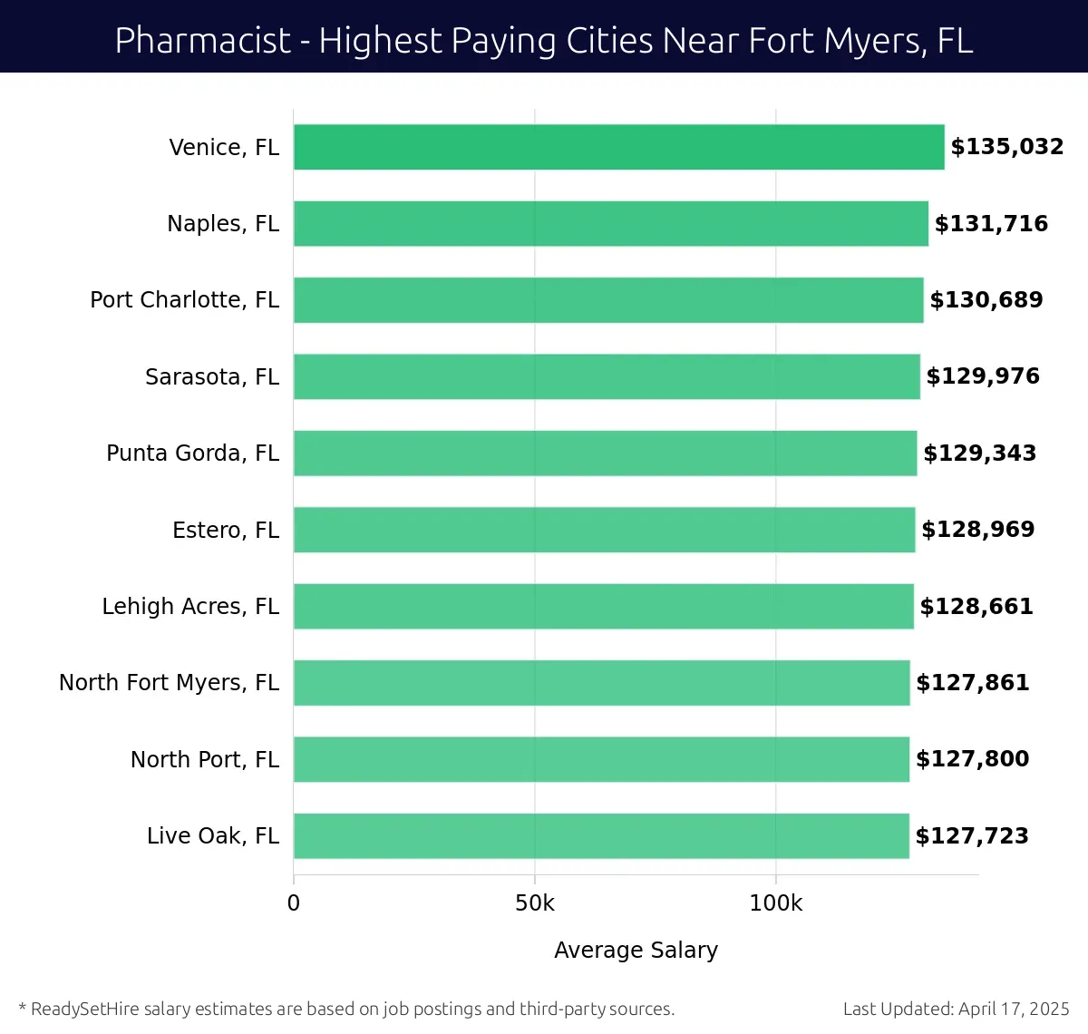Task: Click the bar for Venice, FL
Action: pos(618,147)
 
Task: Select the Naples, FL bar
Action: pos(610,224)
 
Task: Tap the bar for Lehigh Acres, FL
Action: pos(603,606)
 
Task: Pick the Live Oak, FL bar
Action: pos(600,835)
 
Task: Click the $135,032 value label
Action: pos(1006,147)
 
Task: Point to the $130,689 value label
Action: pos(986,300)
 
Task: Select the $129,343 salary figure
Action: pos(979,454)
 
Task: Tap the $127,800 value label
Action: pos(972,759)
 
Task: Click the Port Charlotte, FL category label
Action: pos(184,300)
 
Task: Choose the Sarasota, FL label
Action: pos(212,376)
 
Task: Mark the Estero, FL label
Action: pos(226,530)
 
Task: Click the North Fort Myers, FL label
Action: pos(169,683)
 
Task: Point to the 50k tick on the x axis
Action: pos(534,903)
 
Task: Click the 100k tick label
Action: pos(775,903)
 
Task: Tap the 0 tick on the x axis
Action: pos(294,903)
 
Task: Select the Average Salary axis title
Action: pos(636,950)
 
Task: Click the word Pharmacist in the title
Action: pos(203,41)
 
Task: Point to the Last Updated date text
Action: pos(956,1009)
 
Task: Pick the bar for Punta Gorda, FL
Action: pos(605,454)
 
